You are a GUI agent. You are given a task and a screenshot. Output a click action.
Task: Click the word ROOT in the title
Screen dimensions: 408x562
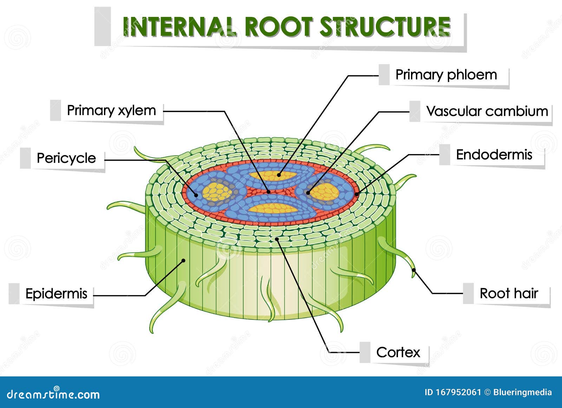tap(279, 27)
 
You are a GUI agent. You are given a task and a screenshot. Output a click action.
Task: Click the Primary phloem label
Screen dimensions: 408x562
tap(446, 75)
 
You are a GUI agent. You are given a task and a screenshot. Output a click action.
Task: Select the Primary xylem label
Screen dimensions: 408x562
tap(111, 110)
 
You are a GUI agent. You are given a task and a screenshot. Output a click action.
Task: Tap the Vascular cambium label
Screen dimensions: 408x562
tap(487, 111)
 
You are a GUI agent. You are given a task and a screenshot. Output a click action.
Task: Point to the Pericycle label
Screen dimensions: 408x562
tap(66, 158)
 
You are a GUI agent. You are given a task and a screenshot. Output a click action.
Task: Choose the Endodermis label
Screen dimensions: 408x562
tap(494, 154)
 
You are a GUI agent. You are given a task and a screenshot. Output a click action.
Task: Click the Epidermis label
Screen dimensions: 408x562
tap(56, 294)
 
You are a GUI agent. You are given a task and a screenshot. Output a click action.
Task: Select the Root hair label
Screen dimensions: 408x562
tap(509, 293)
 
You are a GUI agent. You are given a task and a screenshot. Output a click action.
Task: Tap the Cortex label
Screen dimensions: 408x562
tap(398, 352)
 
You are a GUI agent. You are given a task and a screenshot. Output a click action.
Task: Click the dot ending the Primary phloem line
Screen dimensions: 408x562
tap(279, 175)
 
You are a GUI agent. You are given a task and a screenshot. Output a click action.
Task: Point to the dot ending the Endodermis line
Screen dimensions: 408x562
tap(357, 194)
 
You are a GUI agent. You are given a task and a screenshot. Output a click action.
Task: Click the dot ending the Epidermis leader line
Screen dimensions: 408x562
tap(183, 260)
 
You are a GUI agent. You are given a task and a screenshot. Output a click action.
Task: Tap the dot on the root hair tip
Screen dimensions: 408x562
tap(414, 270)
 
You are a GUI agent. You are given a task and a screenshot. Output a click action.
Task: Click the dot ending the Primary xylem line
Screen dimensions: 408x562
tap(269, 192)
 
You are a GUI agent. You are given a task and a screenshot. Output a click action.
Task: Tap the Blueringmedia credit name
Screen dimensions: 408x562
tap(522, 392)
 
